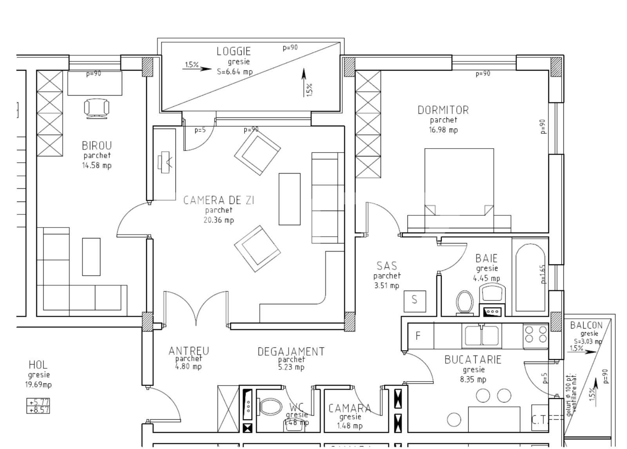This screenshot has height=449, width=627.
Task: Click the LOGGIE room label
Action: click(234, 51)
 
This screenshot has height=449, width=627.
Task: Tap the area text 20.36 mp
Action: click(219, 220)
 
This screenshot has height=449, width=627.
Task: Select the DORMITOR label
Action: click(443, 110)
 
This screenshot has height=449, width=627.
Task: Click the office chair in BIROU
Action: click(96, 108)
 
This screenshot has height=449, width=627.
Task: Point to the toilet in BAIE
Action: click(465, 302)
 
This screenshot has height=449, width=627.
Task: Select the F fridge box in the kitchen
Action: click(418, 336)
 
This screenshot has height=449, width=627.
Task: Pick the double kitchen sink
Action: click(482, 336)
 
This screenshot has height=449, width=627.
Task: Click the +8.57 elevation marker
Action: click(38, 410)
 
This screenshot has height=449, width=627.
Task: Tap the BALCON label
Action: click(586, 325)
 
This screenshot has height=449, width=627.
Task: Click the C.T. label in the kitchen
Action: click(539, 420)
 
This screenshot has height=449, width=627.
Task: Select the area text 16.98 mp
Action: click(443, 130)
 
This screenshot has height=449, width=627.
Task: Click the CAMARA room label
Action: click(350, 408)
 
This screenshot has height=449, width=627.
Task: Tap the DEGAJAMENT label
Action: click(291, 351)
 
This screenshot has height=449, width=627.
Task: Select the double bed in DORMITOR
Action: click(459, 190)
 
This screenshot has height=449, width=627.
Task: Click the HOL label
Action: click(38, 365)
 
